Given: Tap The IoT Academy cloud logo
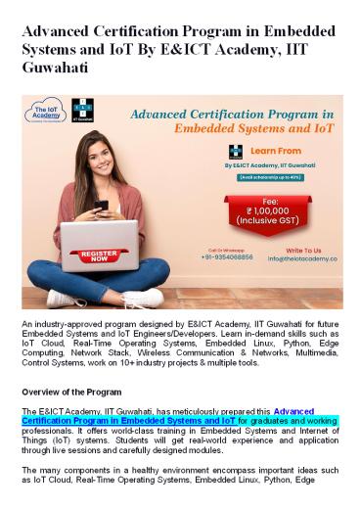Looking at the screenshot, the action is [x=45, y=114].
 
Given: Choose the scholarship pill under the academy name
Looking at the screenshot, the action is [x=277, y=177].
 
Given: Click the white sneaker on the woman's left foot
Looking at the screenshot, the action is [x=145, y=297].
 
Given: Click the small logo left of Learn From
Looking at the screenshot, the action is [x=236, y=152].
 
